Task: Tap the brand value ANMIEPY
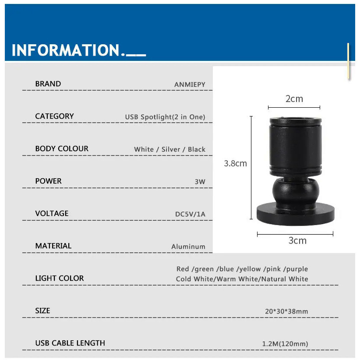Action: click(x=190, y=85)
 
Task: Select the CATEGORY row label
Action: click(x=54, y=116)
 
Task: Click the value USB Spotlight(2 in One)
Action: click(x=165, y=117)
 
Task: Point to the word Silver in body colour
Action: click(x=171, y=149)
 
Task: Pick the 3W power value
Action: click(x=200, y=182)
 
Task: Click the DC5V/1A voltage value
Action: click(x=190, y=214)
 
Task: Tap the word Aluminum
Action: click(x=188, y=247)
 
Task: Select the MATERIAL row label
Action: click(x=53, y=246)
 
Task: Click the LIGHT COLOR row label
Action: click(x=60, y=278)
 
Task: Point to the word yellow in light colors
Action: click(x=250, y=269)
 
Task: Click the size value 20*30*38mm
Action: click(x=286, y=311)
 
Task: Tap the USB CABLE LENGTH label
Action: click(x=70, y=343)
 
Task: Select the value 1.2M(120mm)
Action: click(x=285, y=344)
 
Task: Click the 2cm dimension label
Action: click(x=294, y=99)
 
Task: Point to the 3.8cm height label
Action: click(x=235, y=163)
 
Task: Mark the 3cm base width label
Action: click(x=297, y=240)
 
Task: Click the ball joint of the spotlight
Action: click(x=296, y=191)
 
